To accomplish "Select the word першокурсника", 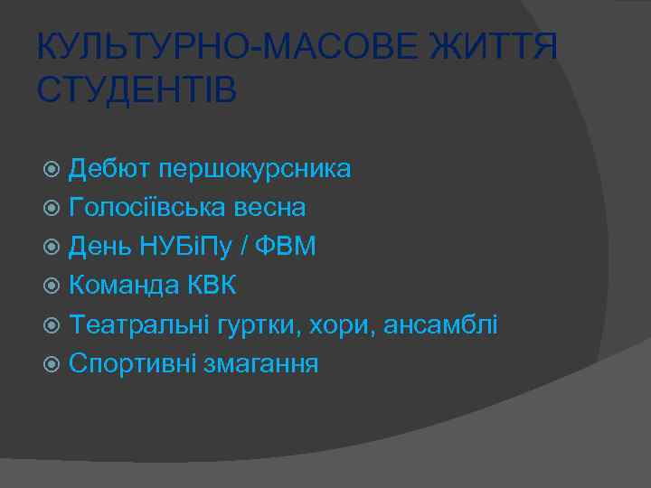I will (x=255, y=169).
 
